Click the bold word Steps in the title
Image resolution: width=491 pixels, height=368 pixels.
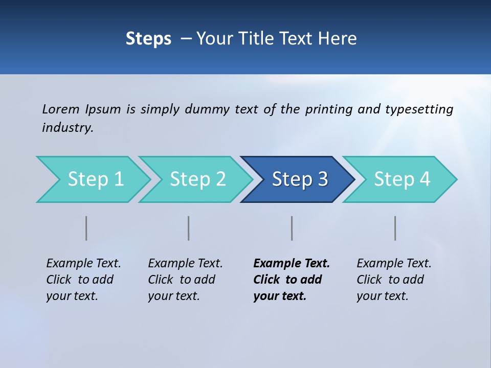(148, 39)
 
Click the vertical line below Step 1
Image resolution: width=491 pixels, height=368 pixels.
(86, 228)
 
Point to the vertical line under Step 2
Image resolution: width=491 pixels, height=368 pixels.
(189, 228)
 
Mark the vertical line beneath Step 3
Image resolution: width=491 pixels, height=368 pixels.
(292, 228)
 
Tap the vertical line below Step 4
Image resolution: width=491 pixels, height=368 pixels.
(395, 228)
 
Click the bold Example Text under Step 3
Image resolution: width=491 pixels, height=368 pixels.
(292, 280)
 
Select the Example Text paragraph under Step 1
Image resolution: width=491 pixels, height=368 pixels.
(83, 280)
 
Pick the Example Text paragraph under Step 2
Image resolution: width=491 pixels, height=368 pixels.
(185, 280)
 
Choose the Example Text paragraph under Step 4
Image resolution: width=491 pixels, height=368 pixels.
(394, 280)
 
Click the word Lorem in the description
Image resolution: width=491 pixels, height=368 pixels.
(61, 109)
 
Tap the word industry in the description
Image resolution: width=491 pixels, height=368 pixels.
(68, 128)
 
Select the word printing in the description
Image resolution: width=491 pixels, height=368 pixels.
(329, 109)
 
